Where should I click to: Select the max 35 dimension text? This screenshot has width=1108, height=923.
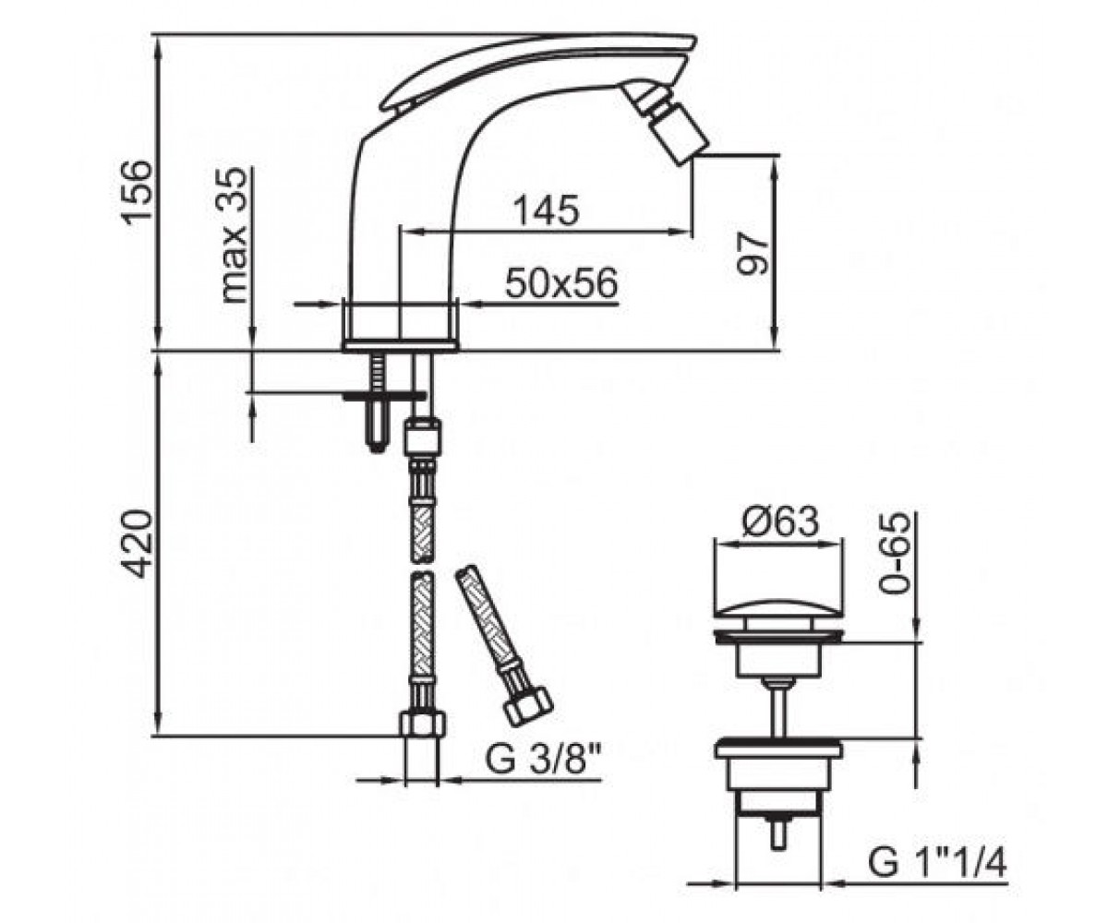pyautogui.click(x=234, y=235)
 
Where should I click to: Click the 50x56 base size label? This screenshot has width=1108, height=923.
pyautogui.click(x=561, y=282)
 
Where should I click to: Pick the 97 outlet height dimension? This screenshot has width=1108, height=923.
pyautogui.click(x=753, y=254)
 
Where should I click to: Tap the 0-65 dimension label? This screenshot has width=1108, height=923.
pyautogui.click(x=896, y=553)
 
